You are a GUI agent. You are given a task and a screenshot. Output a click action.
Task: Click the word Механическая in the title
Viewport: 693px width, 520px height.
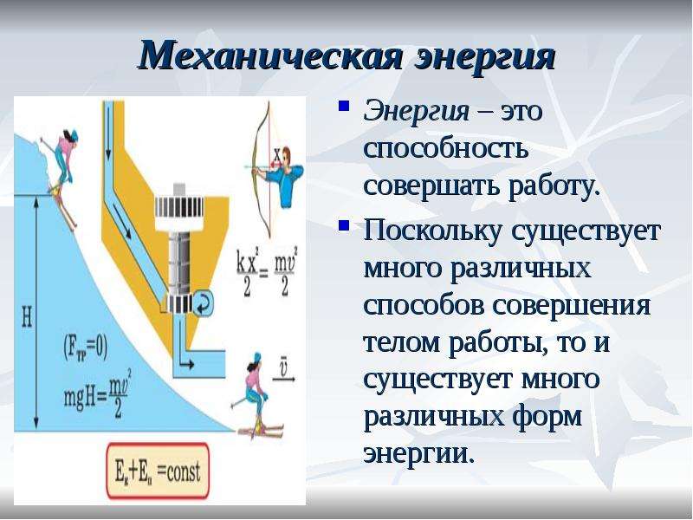270,55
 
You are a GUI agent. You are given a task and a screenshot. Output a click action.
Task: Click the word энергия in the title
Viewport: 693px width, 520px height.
485,56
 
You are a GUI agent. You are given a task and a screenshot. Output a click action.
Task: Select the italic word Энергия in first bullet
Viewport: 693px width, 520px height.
416,112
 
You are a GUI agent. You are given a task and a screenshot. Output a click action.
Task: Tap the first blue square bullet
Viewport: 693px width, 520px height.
344,107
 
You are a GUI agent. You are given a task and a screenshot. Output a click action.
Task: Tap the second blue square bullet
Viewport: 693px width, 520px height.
344,226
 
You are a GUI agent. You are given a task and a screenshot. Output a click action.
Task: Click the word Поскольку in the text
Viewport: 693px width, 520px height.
431,233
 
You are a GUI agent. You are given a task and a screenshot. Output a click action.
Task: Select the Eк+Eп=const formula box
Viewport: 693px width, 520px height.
158,471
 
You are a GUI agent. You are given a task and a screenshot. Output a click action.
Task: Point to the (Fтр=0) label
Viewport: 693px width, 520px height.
86,348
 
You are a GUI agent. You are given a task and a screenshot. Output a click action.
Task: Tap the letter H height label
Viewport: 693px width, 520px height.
27,317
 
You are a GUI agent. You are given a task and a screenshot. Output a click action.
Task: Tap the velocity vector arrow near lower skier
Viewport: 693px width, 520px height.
284,379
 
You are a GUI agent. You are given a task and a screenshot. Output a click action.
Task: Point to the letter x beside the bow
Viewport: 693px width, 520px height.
277,155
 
